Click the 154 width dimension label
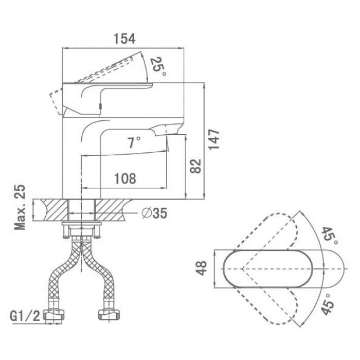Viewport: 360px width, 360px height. point(124,39)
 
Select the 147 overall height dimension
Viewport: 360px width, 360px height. point(214,139)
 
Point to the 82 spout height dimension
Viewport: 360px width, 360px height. point(195,166)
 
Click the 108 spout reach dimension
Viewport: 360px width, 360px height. point(125,178)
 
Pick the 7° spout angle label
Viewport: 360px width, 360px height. point(134,142)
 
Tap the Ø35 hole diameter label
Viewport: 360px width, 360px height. point(154,213)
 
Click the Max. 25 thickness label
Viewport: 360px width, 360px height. point(20,207)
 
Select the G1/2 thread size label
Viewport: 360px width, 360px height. point(25,316)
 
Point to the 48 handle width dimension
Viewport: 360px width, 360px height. point(202,268)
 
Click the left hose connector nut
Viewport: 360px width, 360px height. point(53,315)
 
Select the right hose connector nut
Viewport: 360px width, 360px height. point(110,315)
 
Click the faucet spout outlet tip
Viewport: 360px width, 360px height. point(166,134)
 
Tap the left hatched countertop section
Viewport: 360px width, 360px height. point(55,210)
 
